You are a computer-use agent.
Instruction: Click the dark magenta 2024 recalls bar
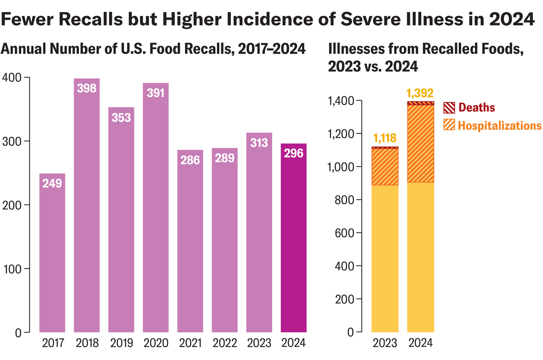tap(294, 241)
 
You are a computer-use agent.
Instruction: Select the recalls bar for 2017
tap(52, 257)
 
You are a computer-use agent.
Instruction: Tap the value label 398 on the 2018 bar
tap(87, 88)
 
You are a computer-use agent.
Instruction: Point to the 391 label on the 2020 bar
tap(156, 93)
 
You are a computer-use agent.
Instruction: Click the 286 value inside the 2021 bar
tap(190, 160)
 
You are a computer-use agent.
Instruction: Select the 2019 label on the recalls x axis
tap(121, 344)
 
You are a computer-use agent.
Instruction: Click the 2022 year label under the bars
tap(224, 344)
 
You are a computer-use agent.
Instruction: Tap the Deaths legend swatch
tap(449, 108)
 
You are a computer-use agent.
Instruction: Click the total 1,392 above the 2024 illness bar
tap(420, 93)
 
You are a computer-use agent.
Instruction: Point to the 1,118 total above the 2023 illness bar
tap(385, 139)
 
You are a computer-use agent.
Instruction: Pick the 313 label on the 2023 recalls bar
tap(259, 142)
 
